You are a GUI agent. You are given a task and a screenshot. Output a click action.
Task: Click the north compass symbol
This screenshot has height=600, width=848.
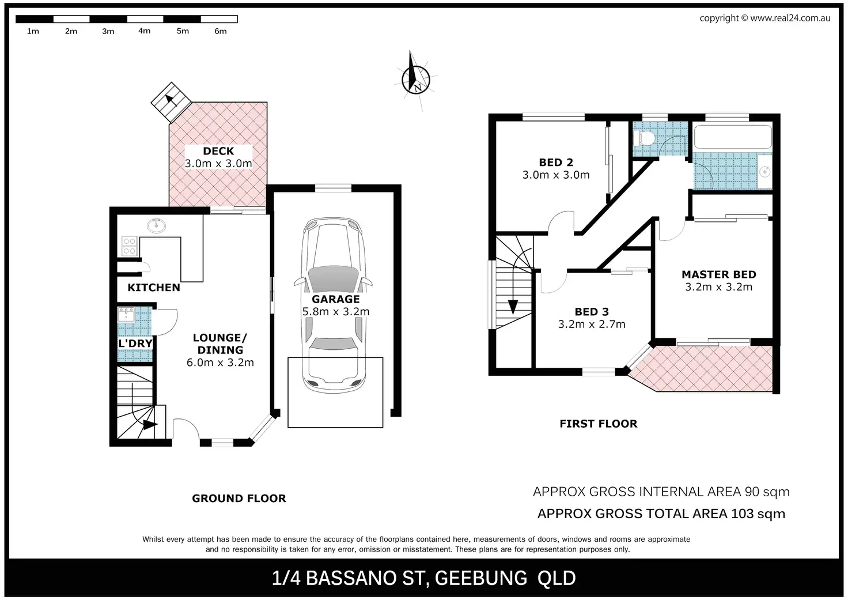pyautogui.click(x=416, y=80)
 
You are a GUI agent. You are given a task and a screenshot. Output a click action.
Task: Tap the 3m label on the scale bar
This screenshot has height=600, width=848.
pyautogui.click(x=108, y=32)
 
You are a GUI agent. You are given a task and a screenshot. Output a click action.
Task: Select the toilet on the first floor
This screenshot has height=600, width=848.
pyautogui.click(x=643, y=138)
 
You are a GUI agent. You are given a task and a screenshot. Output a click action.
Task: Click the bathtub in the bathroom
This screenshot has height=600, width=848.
pyautogui.click(x=733, y=137)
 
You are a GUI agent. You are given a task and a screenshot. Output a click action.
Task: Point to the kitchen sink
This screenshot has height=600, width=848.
pyautogui.click(x=156, y=226)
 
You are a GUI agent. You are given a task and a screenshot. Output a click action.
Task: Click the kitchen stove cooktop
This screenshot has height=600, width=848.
pyautogui.click(x=130, y=246)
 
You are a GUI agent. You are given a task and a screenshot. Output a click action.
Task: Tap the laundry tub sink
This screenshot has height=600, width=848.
pyautogui.click(x=126, y=315)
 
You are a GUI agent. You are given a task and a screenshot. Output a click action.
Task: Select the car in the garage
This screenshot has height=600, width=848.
pyautogui.click(x=334, y=305)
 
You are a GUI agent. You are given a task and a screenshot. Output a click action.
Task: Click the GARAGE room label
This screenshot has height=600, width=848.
pyautogui.click(x=335, y=299)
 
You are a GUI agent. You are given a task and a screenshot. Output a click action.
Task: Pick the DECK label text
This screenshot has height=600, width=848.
pyautogui.click(x=218, y=151)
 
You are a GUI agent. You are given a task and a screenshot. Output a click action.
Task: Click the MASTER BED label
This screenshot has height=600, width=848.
pyautogui.click(x=719, y=274)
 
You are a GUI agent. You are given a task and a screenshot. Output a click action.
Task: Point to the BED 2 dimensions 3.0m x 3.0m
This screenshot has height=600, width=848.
pyautogui.click(x=556, y=175)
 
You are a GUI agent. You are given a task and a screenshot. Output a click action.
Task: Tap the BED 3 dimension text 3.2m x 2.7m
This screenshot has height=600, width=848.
pyautogui.click(x=592, y=324)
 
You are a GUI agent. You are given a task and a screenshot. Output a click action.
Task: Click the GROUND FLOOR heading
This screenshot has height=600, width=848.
pyautogui.click(x=239, y=499)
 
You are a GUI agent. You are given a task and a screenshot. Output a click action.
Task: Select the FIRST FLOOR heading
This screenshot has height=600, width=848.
pyautogui.click(x=599, y=424)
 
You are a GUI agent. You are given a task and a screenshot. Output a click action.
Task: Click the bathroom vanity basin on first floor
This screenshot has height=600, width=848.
pyautogui.click(x=765, y=172)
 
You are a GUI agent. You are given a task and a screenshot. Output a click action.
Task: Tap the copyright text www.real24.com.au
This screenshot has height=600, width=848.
pyautogui.click(x=790, y=18)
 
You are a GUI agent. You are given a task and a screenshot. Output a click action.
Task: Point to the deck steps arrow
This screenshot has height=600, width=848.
pyautogui.click(x=171, y=101)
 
